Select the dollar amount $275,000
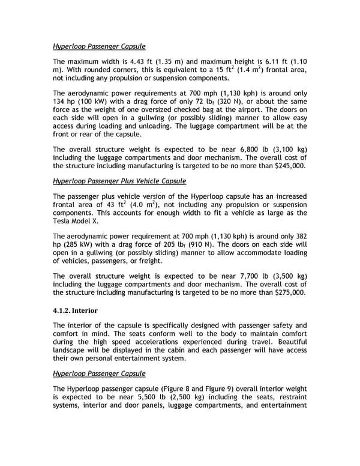point(287,292)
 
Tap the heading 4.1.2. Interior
point(75,310)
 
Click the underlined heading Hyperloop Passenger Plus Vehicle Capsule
point(119,181)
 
